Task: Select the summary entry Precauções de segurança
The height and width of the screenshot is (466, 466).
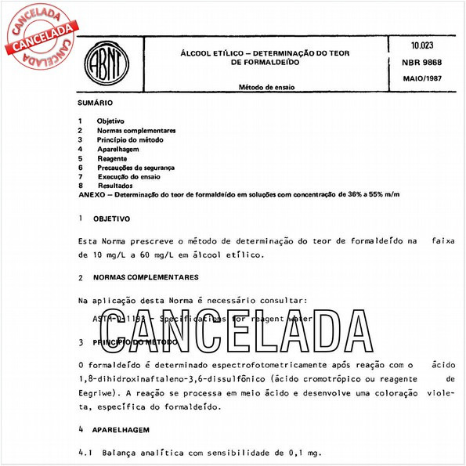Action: [x=135, y=168]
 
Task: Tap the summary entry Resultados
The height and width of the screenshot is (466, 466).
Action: [x=115, y=186]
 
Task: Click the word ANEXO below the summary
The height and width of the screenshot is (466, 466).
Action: [x=92, y=194]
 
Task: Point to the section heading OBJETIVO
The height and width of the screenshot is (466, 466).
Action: [x=112, y=219]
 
